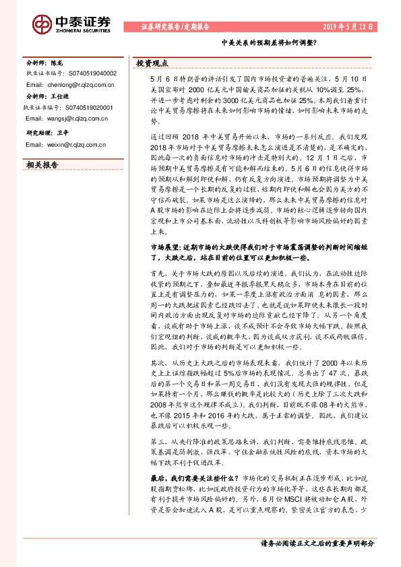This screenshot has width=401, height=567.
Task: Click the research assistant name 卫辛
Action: [63, 132]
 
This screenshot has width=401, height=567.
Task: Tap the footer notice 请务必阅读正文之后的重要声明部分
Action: [317, 543]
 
